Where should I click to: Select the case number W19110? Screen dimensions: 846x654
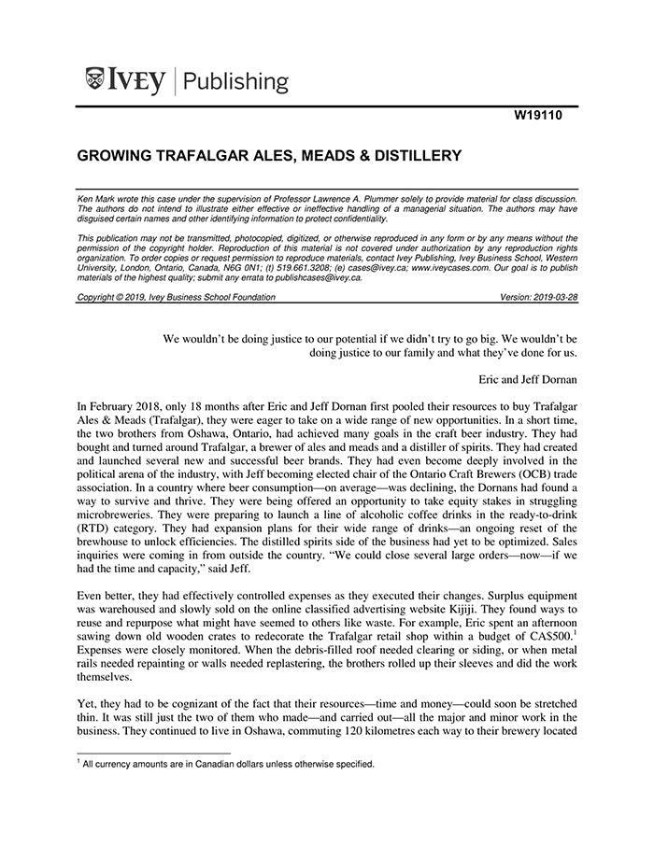click(539, 119)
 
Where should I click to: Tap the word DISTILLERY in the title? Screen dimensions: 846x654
click(407, 155)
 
